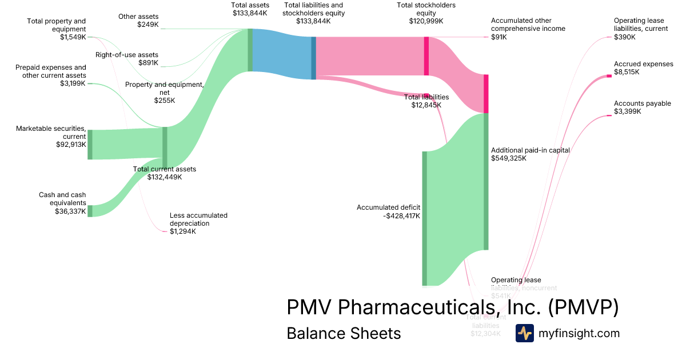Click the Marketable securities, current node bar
[x=90, y=145]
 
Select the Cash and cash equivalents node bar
[x=90, y=211]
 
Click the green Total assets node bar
[x=250, y=50]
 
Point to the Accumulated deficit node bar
[x=424, y=218]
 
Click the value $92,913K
[x=67, y=145]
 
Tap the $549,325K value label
[x=508, y=158]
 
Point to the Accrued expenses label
[x=643, y=64]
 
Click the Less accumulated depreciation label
[x=198, y=219]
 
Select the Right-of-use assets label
[x=126, y=55]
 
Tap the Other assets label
[x=138, y=17]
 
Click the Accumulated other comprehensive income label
[x=528, y=24]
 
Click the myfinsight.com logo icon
[x=524, y=333]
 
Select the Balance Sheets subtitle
[x=344, y=333]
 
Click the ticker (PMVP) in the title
[x=583, y=307]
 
